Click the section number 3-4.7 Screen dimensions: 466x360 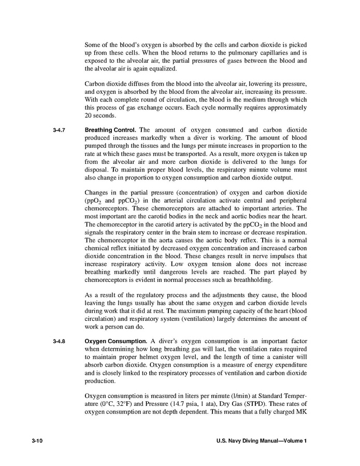(x=59, y=130)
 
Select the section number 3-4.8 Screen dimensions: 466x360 (x=59, y=341)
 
